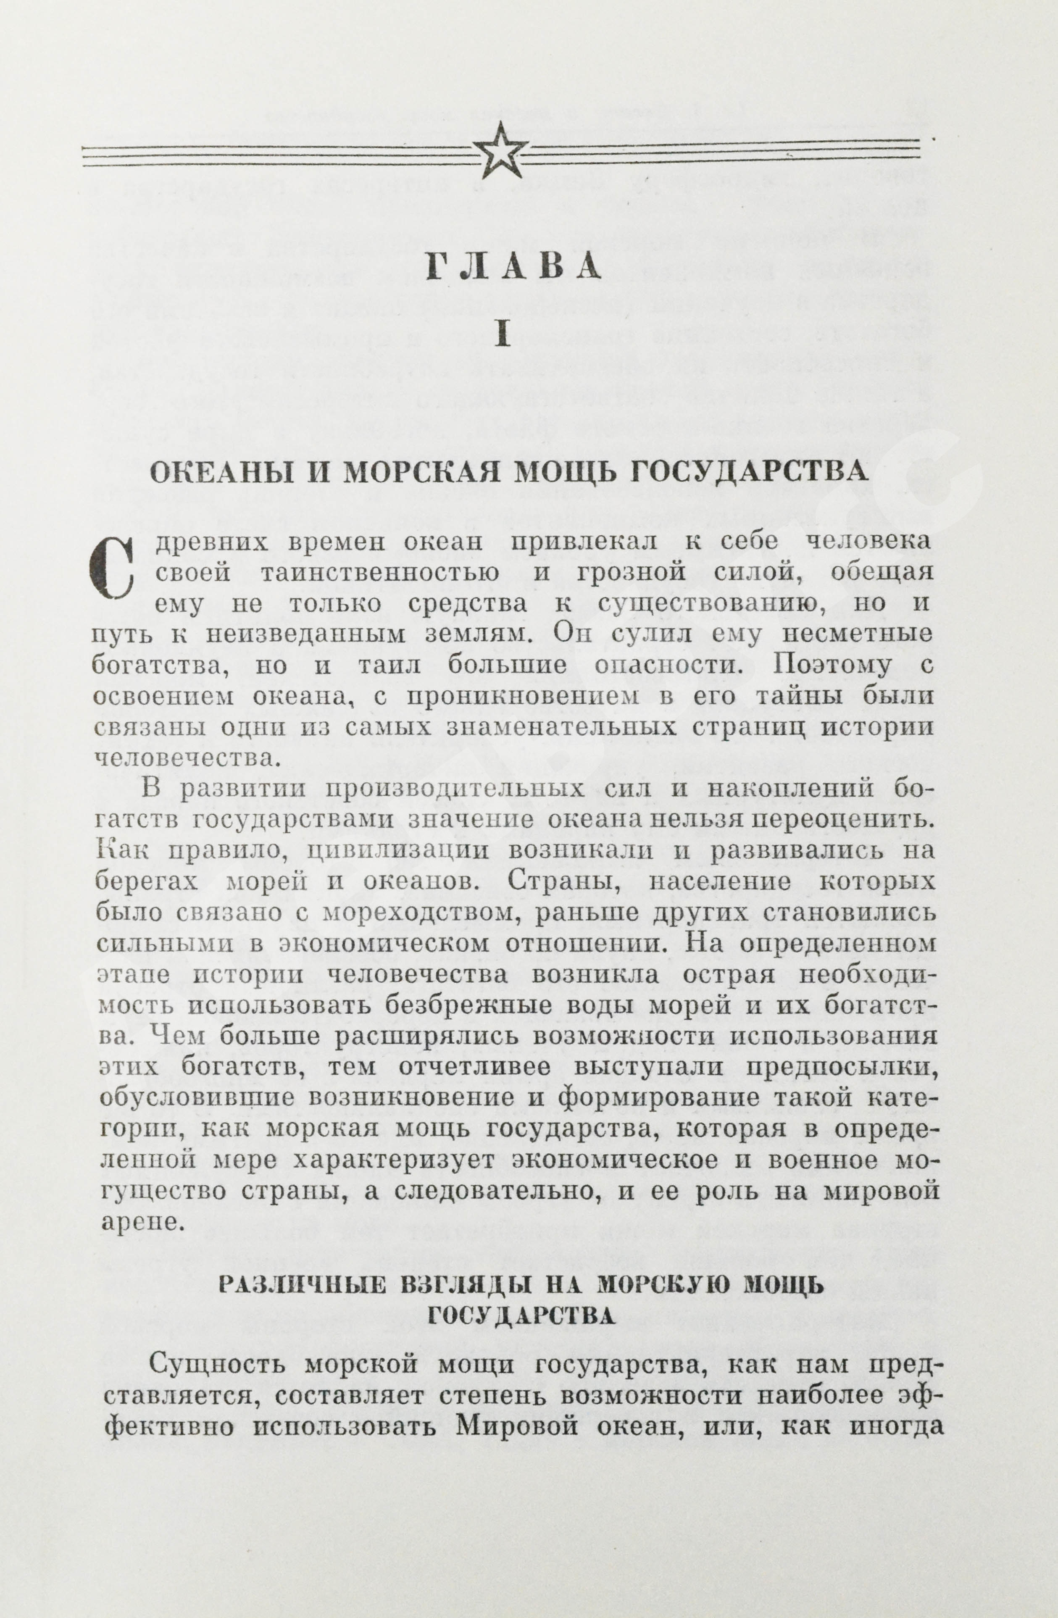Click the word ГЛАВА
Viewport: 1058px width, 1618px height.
click(514, 267)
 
